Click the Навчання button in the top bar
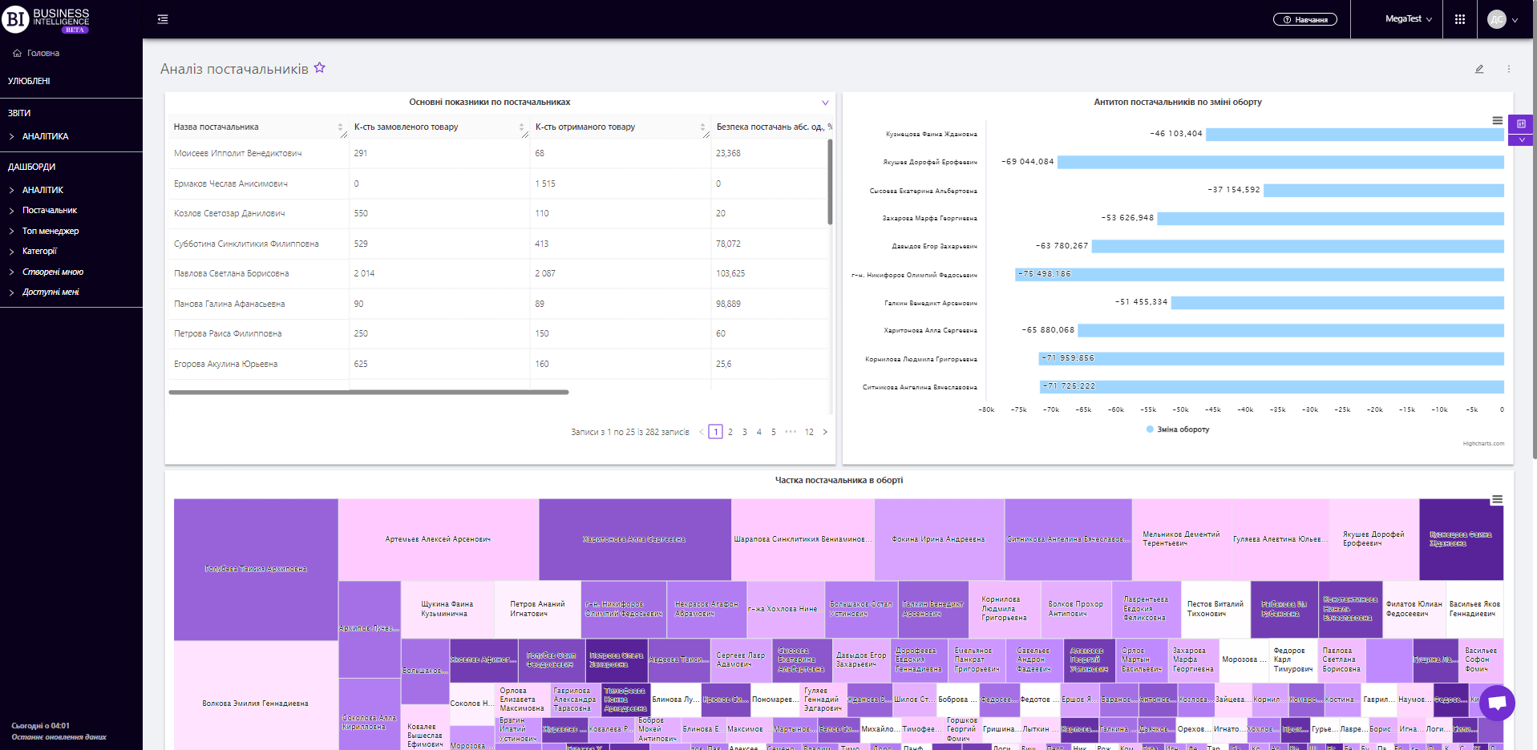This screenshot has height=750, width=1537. point(1304,19)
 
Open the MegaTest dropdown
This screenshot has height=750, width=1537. point(1408,19)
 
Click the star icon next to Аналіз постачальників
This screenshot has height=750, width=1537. point(320,68)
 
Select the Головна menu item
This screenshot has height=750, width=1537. point(43,53)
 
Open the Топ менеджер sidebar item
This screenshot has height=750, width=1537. point(51,231)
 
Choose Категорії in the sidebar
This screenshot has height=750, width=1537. point(39,251)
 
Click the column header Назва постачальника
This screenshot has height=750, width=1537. point(216,127)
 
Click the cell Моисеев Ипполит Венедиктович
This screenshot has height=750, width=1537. point(238,153)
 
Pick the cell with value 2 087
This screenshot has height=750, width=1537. point(545,273)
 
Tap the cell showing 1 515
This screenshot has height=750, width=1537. point(545,183)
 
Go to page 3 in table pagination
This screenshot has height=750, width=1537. point(745,432)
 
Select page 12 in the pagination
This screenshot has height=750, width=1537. point(809,432)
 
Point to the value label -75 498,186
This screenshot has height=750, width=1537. point(1045,274)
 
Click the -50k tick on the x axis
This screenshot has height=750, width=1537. point(1180,409)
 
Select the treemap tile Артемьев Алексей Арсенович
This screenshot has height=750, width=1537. point(438,539)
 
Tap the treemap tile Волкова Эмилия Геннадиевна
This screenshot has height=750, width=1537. point(255,704)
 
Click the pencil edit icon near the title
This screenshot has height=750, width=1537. point(1479,69)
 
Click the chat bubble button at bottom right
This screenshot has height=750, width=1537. point(1497,703)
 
